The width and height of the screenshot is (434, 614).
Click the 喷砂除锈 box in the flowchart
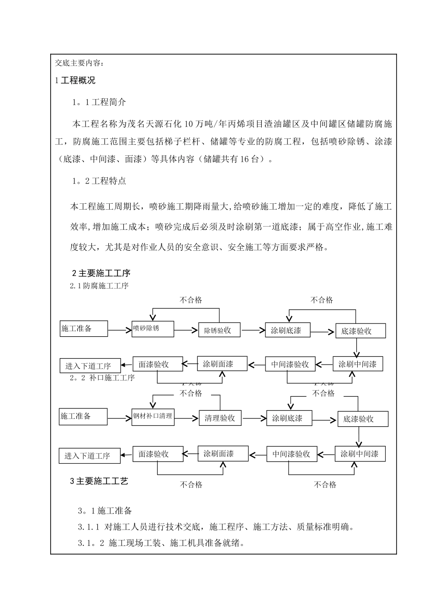coord(153,329)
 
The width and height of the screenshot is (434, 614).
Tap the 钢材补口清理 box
coord(153,417)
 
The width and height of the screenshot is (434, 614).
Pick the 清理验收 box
coord(220,418)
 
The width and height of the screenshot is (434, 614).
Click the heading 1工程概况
coord(75,81)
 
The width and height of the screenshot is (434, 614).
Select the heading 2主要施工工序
coord(101,273)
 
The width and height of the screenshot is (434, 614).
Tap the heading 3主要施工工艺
coord(99,481)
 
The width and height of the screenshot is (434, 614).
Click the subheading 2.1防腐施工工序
coord(99,286)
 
